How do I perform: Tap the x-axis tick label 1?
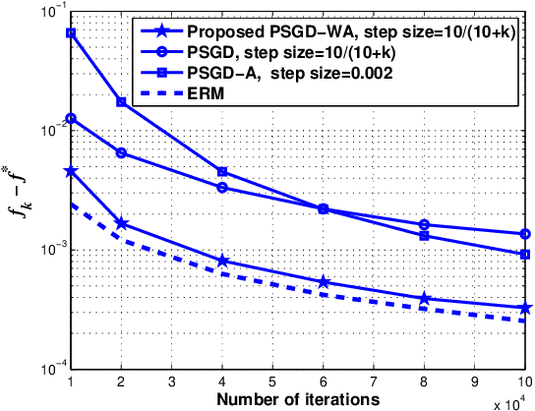(x=71, y=381)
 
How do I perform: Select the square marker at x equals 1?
(x=71, y=32)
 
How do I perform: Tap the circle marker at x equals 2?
(x=122, y=152)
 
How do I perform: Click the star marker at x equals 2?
(x=122, y=223)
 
